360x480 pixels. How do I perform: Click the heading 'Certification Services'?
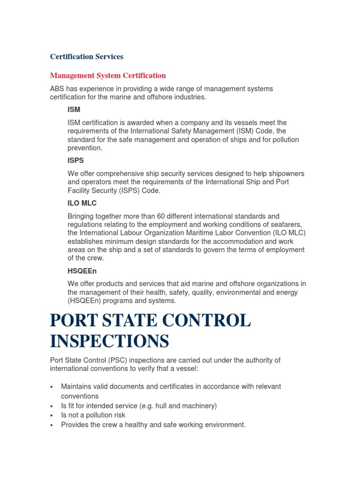click(87, 57)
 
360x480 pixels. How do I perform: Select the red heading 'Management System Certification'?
click(108, 75)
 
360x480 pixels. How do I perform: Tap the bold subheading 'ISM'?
click(74, 110)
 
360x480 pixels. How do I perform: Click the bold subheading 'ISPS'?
click(76, 160)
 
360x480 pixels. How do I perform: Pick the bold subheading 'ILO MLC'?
click(82, 203)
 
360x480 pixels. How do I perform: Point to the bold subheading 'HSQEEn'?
click(82, 271)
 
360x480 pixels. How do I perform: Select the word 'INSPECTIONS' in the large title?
click(109, 341)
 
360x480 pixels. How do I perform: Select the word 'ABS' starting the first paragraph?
click(57, 89)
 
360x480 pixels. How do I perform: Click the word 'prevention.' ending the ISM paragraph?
click(85, 148)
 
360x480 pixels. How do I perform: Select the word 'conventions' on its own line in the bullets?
click(79, 396)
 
